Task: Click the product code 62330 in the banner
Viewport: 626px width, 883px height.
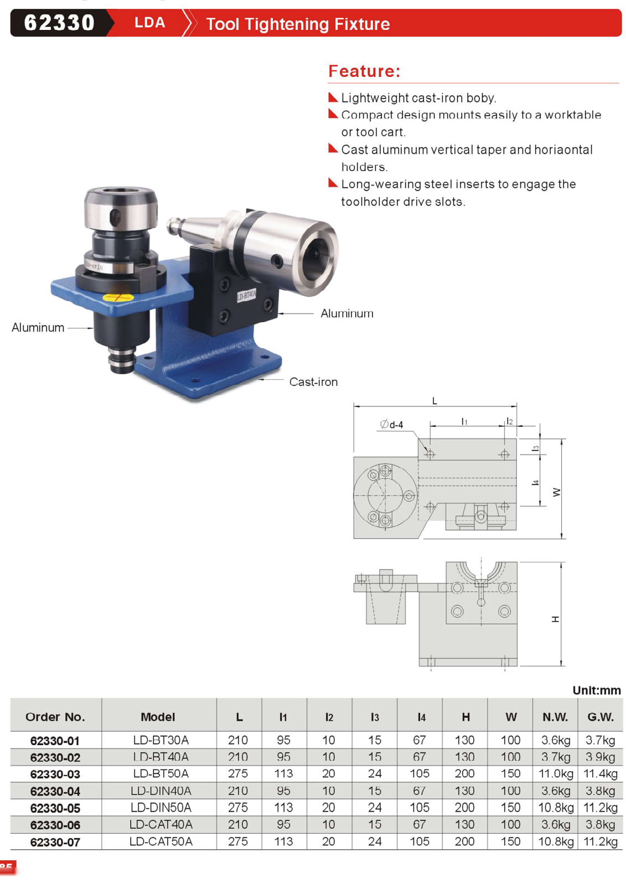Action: click(x=59, y=23)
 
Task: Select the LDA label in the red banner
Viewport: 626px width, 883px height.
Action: click(x=150, y=23)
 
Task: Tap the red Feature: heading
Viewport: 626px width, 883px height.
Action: click(x=364, y=71)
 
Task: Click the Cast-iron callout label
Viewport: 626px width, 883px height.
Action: click(x=313, y=381)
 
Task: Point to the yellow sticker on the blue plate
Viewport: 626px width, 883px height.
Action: click(x=118, y=297)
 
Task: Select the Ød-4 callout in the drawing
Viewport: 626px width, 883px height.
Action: click(x=391, y=425)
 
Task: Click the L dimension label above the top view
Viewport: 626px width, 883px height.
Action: click(x=434, y=401)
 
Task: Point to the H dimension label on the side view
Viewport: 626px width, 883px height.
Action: click(x=556, y=619)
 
